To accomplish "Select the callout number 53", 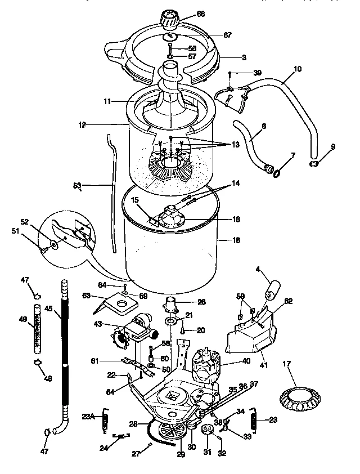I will coord(78,184).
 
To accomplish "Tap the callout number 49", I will coord(23,320).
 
